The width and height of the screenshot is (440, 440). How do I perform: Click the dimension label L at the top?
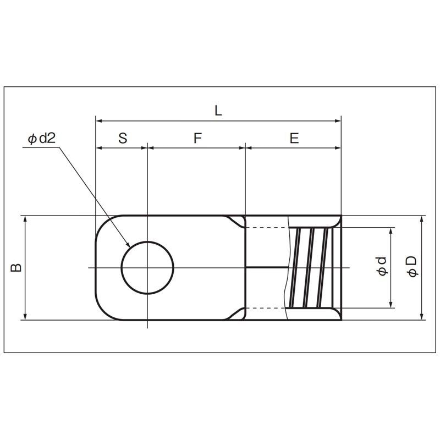pos(218,111)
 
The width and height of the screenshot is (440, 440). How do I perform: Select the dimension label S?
pos(123,138)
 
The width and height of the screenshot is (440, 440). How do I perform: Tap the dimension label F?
pos(197,138)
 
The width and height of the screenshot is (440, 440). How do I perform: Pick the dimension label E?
pos(294,138)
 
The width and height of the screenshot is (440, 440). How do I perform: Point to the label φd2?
pos(42,139)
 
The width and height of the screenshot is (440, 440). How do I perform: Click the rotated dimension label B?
pos(16,267)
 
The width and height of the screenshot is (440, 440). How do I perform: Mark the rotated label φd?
pos(382,266)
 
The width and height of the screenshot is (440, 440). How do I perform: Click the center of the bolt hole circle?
pos(147,267)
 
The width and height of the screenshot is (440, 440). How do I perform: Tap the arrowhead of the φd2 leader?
pos(128,244)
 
